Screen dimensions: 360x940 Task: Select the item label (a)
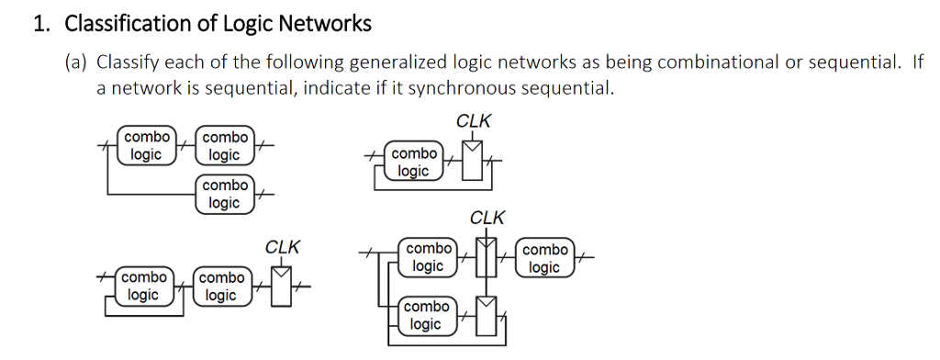[75, 62]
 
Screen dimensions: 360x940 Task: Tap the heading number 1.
[40, 24]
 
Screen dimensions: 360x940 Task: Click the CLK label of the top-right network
[473, 120]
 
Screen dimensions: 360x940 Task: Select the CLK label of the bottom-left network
[282, 247]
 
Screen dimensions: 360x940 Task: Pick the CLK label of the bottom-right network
[487, 218]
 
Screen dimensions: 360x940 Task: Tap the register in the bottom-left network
[281, 287]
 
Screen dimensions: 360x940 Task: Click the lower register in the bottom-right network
[487, 316]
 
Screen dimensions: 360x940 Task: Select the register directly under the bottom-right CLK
[487, 257]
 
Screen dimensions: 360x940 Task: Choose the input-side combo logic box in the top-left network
[146, 146]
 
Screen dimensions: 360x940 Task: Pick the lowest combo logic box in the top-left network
[224, 194]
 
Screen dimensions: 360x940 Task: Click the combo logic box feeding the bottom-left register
[220, 287]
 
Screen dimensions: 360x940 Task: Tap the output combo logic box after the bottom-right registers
[545, 258]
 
